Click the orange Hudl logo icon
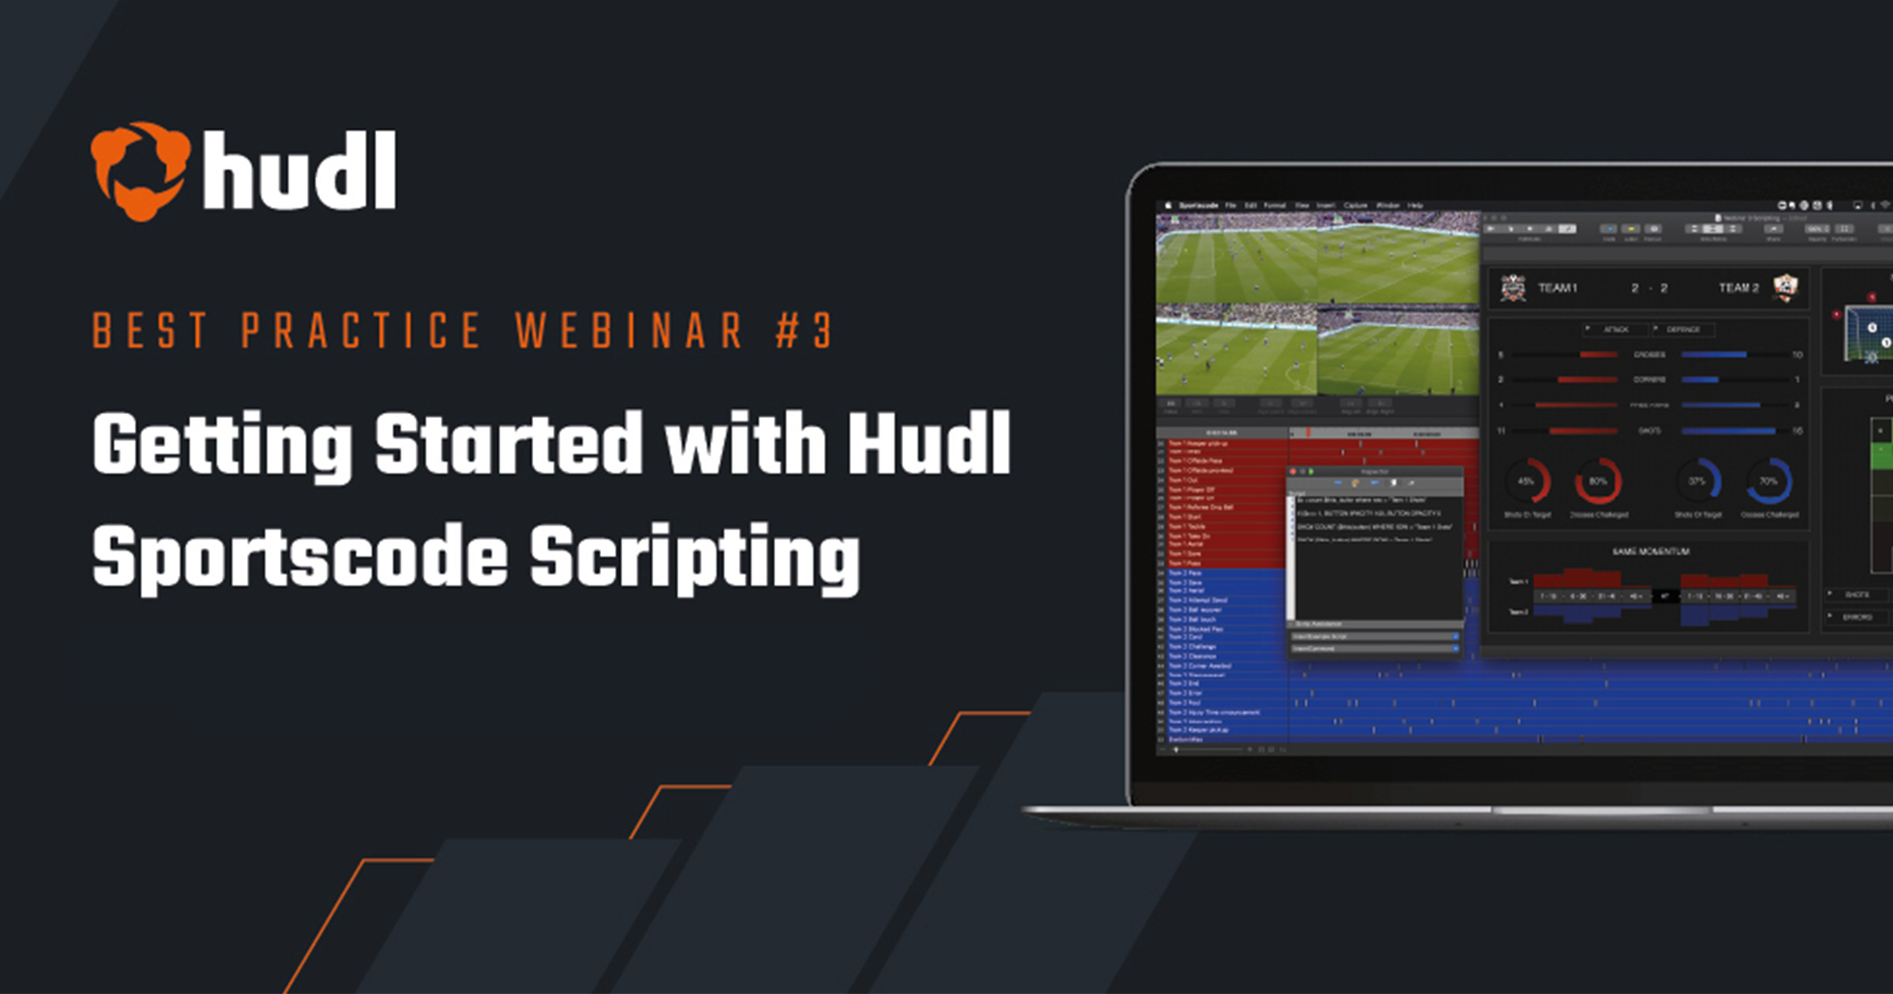tap(140, 171)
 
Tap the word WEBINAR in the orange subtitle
tap(629, 330)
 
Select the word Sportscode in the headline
tap(300, 557)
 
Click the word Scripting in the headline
tap(694, 557)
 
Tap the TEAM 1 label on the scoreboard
tap(1557, 288)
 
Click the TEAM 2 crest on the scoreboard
tap(1785, 287)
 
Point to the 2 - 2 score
tap(1649, 288)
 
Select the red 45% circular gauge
tap(1527, 481)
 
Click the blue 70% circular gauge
tap(1768, 481)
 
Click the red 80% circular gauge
tap(1598, 481)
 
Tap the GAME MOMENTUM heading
tap(1650, 551)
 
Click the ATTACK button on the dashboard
tap(1615, 329)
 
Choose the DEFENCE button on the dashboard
tap(1682, 329)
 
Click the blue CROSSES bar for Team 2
tap(1713, 355)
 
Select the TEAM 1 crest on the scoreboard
tap(1512, 288)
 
